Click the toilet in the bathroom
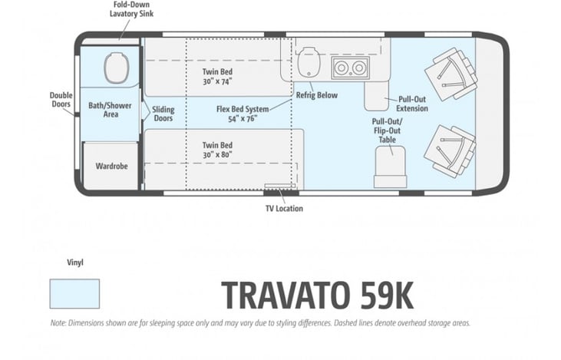pos(117,68)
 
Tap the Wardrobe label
pos(111,166)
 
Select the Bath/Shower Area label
pos(111,110)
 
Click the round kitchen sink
pos(309,62)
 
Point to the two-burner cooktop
pos(350,68)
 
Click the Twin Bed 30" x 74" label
pos(217,77)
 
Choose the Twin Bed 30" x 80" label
pos(217,150)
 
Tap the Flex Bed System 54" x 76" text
pos(243,114)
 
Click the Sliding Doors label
pos(163,114)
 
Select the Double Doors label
pos(61,100)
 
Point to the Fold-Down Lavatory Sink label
pos(132,9)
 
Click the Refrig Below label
pos(317,95)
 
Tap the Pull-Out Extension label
pos(412,104)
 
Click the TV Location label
pos(284,208)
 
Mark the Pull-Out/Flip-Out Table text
pos(387,130)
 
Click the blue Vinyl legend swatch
pos(74,294)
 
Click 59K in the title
pos(387,296)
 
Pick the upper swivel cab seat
pos(451,74)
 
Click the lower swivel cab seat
pos(450,150)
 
